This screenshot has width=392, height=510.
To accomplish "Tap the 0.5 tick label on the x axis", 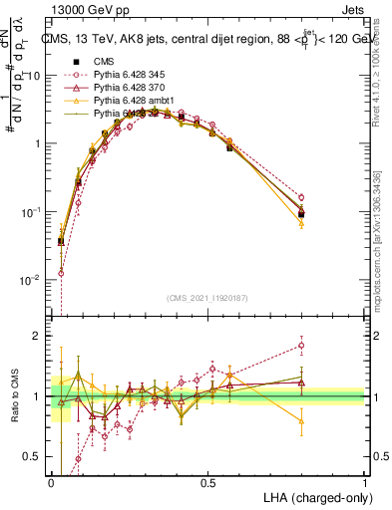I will [x=207, y=482].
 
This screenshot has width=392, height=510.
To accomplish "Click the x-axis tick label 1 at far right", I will [x=364, y=482].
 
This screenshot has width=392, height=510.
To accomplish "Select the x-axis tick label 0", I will [x=51, y=482].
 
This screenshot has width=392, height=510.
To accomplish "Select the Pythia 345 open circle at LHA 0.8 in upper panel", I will [x=301, y=197].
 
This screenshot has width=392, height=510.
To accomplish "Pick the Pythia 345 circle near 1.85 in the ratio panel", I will [x=301, y=346].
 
